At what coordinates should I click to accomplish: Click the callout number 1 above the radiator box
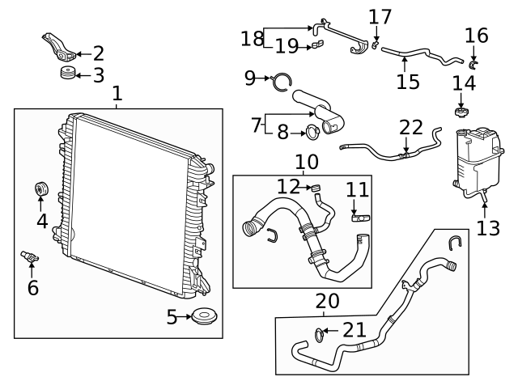tap(117, 94)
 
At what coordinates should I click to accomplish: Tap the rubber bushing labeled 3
tap(67, 75)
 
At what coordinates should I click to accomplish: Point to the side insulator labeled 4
tap(40, 189)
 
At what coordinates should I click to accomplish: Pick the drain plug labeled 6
tap(30, 258)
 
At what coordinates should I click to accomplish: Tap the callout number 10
tap(306, 163)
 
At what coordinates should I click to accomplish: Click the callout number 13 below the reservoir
tap(488, 228)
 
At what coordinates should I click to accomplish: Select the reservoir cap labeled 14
tap(461, 109)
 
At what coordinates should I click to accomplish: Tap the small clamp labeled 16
tap(474, 62)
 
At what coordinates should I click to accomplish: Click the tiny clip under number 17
tap(377, 45)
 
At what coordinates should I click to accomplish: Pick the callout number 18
tap(252, 38)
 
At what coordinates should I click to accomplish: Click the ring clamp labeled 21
tap(321, 332)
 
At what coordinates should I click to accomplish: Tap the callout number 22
tap(411, 127)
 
